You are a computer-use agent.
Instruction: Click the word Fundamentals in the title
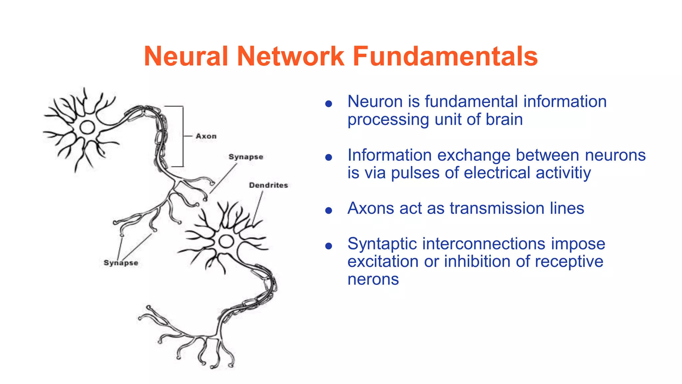click(x=445, y=56)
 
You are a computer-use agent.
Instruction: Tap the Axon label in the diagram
click(x=206, y=136)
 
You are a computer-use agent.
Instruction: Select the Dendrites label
click(x=268, y=185)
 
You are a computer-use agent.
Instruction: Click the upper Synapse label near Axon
click(x=246, y=157)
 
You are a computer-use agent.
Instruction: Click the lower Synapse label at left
click(x=121, y=263)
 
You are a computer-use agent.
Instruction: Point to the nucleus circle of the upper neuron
click(x=87, y=127)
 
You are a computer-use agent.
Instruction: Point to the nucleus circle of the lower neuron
click(x=226, y=241)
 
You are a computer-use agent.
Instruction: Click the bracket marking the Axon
click(x=183, y=136)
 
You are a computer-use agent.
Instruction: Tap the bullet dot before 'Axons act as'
click(x=329, y=210)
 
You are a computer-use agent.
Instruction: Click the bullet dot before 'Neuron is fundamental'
click(x=329, y=104)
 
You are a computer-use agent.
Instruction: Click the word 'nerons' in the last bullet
click(x=373, y=279)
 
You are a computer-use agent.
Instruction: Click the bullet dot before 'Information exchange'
click(x=329, y=157)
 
